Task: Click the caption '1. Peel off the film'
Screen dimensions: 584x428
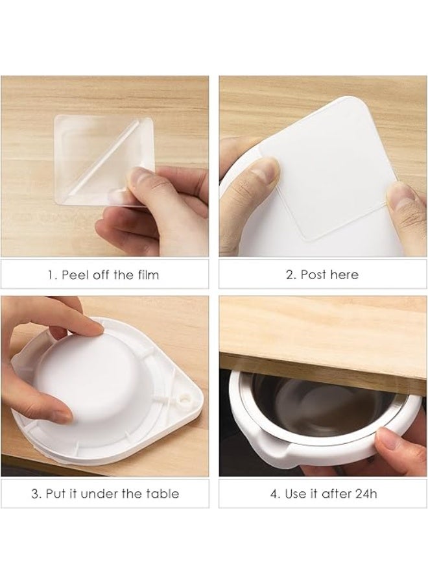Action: point(104,274)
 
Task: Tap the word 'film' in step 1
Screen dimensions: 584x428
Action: point(147,274)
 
